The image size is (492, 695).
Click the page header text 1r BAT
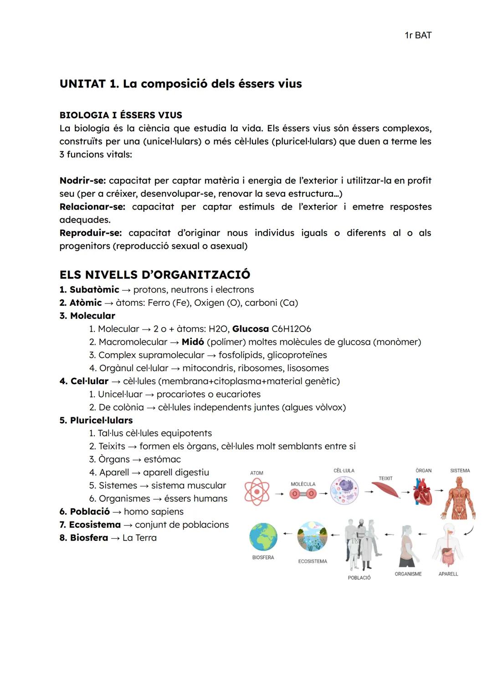(418, 36)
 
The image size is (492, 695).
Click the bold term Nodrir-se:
(82, 180)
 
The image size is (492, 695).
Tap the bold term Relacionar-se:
(92, 207)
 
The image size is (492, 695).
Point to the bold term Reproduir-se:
(90, 233)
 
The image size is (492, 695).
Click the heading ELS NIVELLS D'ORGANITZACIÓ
(154, 275)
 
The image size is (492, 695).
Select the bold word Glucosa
(250, 329)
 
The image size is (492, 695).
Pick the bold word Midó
(192, 342)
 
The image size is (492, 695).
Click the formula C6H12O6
(291, 329)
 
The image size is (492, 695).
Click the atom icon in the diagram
(257, 492)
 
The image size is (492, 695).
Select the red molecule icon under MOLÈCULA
(303, 494)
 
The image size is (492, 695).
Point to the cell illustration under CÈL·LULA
(344, 491)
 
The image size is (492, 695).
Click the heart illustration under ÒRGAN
(423, 492)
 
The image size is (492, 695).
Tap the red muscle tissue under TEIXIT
(385, 490)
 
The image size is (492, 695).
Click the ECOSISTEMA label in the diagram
(313, 561)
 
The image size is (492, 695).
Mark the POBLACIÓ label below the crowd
(359, 578)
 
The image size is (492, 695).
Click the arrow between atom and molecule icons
(279, 494)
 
